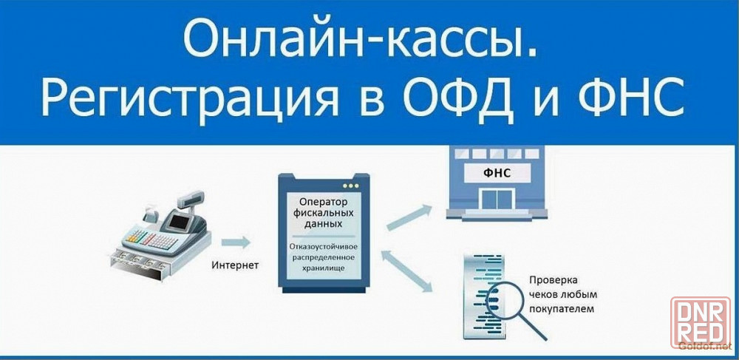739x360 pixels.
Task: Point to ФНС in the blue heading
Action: tap(630, 96)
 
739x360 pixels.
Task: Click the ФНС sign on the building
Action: tap(497, 173)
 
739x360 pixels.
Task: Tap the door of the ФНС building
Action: tap(497, 198)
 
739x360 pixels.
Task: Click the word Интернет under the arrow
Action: tap(235, 266)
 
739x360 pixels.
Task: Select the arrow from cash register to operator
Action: tap(235, 242)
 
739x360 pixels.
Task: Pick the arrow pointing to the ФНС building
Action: tap(409, 217)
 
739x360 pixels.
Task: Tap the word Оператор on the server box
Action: tap(324, 202)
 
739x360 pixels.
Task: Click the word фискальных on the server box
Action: tap(324, 214)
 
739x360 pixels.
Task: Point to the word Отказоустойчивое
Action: tap(324, 247)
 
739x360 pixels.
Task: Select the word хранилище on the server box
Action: tap(324, 268)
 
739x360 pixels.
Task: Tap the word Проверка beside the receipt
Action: tap(554, 280)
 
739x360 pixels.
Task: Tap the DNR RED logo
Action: tap(701, 322)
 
